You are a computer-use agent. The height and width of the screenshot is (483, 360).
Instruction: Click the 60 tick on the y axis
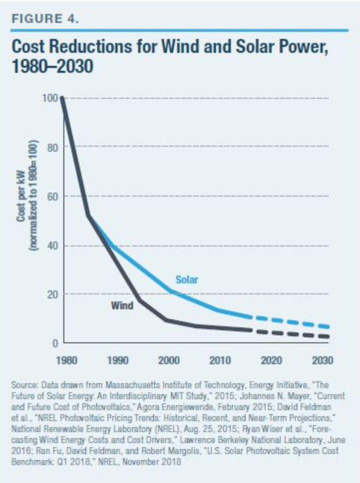(x=55, y=196)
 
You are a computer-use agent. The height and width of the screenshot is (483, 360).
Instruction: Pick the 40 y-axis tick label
(x=55, y=245)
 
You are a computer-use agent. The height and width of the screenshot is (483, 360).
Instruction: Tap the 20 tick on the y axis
(x=55, y=294)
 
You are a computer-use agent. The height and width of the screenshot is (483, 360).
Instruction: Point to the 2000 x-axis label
(x=170, y=360)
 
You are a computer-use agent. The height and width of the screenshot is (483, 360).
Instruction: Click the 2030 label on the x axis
(x=321, y=360)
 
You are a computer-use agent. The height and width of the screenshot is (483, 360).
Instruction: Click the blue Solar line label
(x=187, y=280)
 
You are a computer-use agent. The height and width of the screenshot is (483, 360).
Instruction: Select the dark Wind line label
(x=122, y=305)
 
